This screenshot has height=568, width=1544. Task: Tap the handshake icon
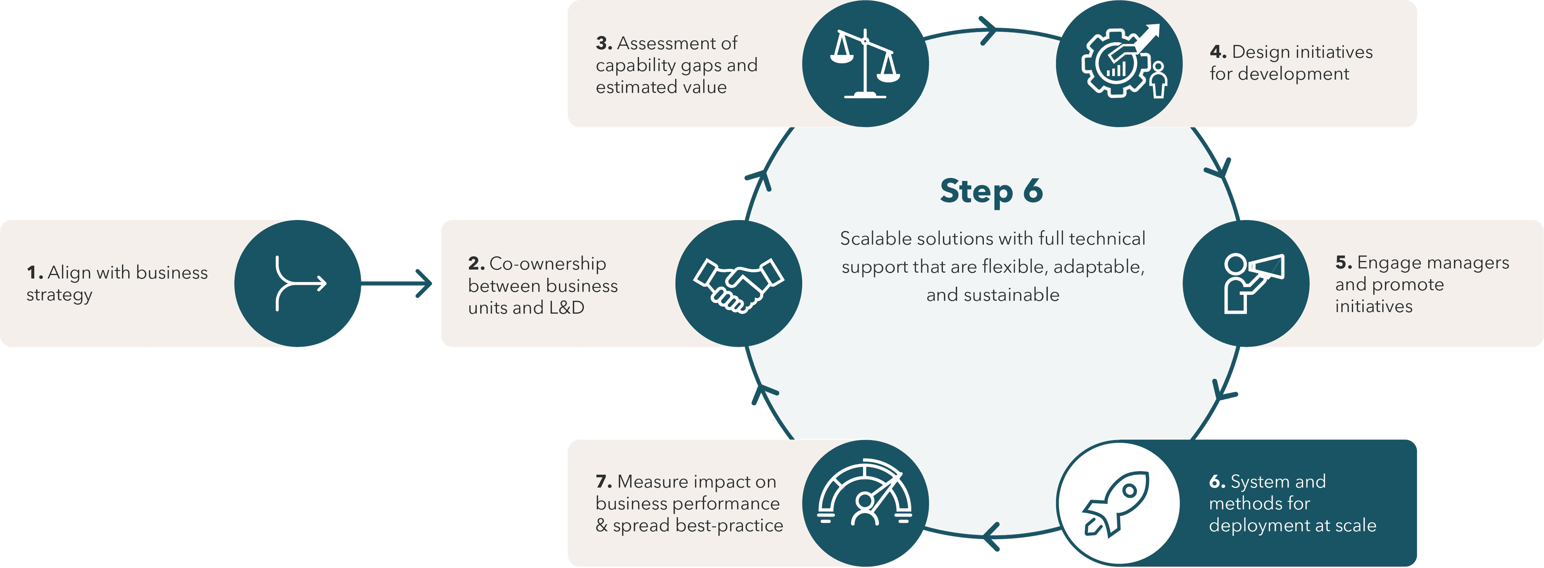pos(739,284)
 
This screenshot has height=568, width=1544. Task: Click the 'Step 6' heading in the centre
pos(992,191)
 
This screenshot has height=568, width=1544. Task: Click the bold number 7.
pos(603,482)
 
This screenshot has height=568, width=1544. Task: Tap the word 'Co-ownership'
pos(547,264)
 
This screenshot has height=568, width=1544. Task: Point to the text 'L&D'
pos(567,308)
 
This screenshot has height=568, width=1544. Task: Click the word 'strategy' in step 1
pos(60,296)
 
